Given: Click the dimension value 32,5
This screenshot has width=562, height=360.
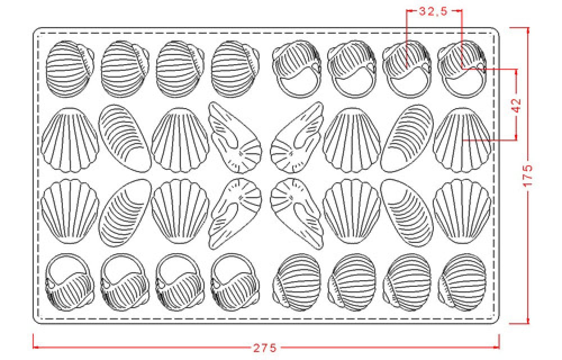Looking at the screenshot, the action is (x=433, y=11).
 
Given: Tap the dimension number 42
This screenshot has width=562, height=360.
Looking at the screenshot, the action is (x=516, y=105).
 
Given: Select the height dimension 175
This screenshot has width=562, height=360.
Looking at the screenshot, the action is (x=528, y=175).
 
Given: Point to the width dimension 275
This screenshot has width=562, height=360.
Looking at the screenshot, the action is (x=266, y=348).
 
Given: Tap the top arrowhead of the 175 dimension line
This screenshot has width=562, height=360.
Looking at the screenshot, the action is (x=528, y=30).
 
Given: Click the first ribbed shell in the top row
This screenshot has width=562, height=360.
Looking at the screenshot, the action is (x=70, y=69).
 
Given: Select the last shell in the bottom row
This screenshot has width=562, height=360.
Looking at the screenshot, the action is (x=462, y=282).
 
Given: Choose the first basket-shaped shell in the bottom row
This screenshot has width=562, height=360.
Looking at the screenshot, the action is (x=70, y=282).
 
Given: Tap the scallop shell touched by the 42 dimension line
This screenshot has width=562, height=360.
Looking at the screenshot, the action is (x=461, y=140).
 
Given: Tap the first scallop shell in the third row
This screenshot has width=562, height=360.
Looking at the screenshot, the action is (x=70, y=211).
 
